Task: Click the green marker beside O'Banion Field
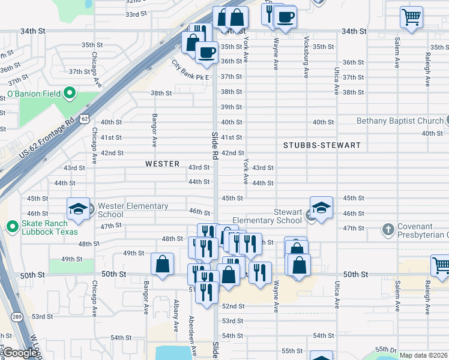pyautogui.click(x=69, y=94)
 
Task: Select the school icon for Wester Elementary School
pyautogui.click(x=78, y=209)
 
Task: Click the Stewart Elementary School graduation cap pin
pyautogui.click(x=321, y=208)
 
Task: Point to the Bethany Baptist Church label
pyautogui.click(x=399, y=121)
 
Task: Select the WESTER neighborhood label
pyautogui.click(x=162, y=164)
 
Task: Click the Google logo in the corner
pyautogui.click(x=20, y=353)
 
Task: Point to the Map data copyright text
pyautogui.click(x=423, y=355)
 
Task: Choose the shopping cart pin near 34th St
pyautogui.click(x=412, y=17)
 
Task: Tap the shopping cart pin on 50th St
pyautogui.click(x=441, y=265)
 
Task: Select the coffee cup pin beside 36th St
pyautogui.click(x=206, y=52)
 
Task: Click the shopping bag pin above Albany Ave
pyautogui.click(x=163, y=264)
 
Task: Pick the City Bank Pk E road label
pyautogui.click(x=190, y=70)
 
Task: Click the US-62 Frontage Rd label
pyautogui.click(x=49, y=137)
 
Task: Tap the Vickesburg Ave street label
pyautogui.click(x=306, y=57)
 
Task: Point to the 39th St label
pyautogui.click(x=231, y=107)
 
